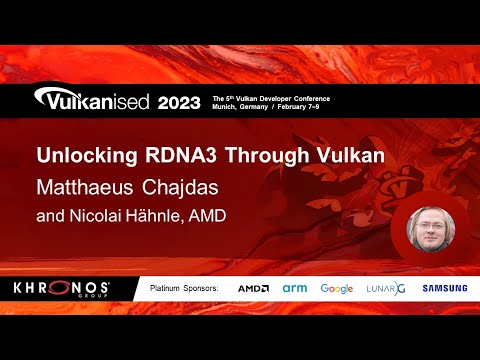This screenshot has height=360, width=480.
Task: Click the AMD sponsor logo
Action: pyautogui.click(x=253, y=288)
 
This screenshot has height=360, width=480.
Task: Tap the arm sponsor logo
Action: pyautogui.click(x=296, y=288)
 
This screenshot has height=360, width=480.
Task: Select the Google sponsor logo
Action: pyautogui.click(x=337, y=288)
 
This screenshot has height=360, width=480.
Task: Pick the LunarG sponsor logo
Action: pyautogui.click(x=384, y=288)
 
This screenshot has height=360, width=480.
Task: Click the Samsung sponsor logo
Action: pyautogui.click(x=444, y=288)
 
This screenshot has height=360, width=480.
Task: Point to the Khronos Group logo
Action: pyautogui.click(x=61, y=288)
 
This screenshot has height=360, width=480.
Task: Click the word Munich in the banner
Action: pyautogui.click(x=226, y=108)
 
